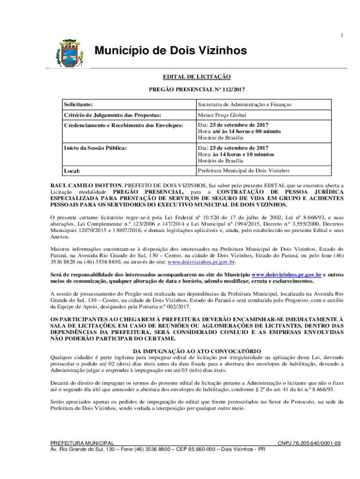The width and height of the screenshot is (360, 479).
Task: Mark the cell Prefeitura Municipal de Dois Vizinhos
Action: (244, 171)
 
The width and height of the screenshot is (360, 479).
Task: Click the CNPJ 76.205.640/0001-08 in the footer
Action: (309, 443)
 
